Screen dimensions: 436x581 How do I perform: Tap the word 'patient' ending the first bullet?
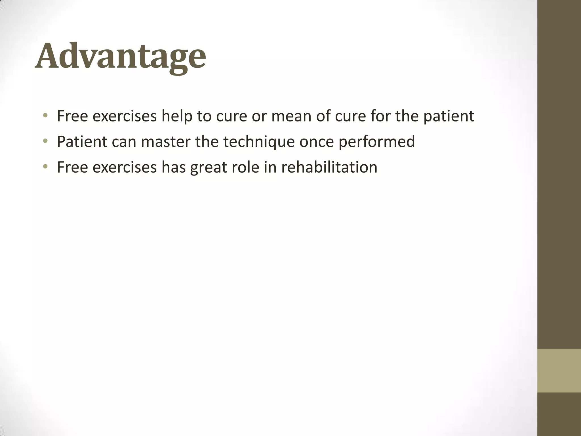click(449, 116)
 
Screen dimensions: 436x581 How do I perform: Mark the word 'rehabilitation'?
click(329, 167)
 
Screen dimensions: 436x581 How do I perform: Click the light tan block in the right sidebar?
click(559, 370)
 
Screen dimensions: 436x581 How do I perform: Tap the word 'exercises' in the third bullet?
click(125, 167)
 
